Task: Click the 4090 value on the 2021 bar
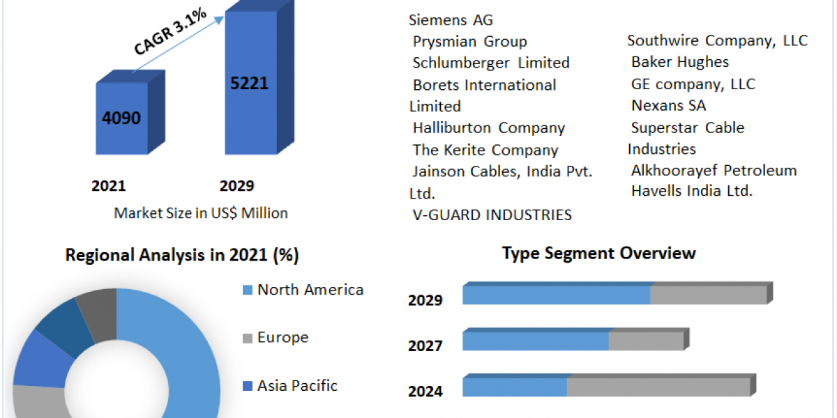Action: (121, 118)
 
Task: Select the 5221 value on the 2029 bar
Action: (249, 83)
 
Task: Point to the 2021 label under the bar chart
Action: (109, 186)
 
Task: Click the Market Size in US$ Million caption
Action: (201, 213)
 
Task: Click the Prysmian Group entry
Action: (469, 42)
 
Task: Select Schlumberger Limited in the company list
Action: (491, 63)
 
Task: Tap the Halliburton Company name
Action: (488, 128)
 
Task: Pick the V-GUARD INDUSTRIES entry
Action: (492, 215)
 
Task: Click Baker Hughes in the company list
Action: (680, 62)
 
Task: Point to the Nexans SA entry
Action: (668, 106)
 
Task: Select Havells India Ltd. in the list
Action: (692, 191)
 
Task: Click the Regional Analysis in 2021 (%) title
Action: (182, 256)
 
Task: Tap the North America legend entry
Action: (310, 290)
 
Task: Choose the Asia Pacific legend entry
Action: (297, 385)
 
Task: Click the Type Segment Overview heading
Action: (598, 253)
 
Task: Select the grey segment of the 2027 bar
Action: (646, 341)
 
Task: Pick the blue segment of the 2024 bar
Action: (515, 387)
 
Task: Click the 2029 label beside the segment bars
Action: (425, 300)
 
